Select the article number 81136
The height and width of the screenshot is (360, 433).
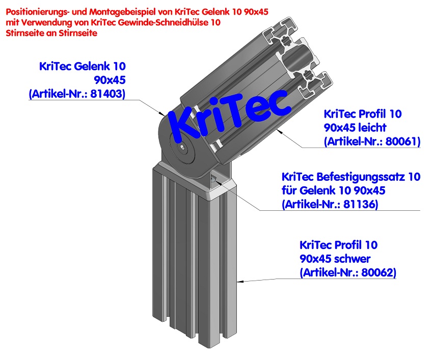point(361,204)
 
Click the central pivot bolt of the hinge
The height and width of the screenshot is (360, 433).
point(182,148)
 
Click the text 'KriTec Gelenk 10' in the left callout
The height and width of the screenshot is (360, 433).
point(82,66)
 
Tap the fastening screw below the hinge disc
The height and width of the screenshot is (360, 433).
point(213,178)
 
